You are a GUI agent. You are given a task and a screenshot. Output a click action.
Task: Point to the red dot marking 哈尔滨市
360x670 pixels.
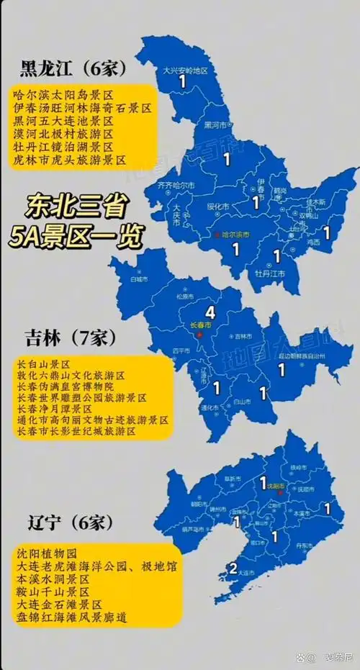[x=216, y=235]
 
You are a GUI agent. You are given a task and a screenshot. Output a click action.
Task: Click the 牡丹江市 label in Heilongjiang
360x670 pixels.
[x=270, y=274]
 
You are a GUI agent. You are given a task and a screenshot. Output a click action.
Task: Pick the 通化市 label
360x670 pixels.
[x=210, y=408]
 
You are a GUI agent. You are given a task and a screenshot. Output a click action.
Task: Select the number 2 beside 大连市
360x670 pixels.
[x=233, y=569]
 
